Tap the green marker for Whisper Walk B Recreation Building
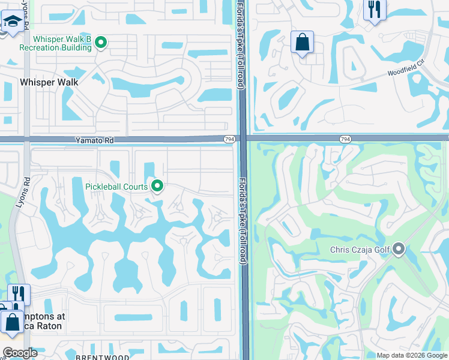101,42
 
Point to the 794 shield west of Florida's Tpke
229,139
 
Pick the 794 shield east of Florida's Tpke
345,139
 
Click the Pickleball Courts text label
116,187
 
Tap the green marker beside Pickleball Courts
157,186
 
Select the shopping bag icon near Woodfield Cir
303,43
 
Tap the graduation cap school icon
11,23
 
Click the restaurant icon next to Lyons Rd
19,294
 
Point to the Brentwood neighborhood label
102,357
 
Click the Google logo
19,353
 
